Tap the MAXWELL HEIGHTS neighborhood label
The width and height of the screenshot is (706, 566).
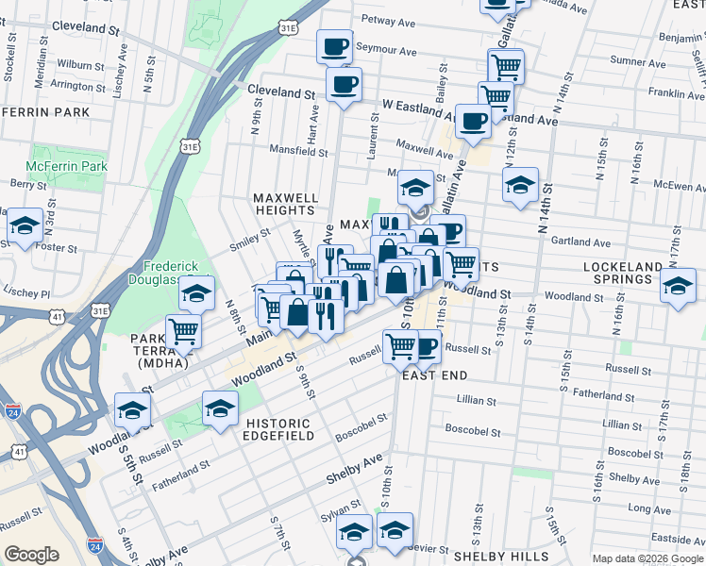pyautogui.click(x=284, y=204)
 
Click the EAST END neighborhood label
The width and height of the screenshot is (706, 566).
pyautogui.click(x=434, y=375)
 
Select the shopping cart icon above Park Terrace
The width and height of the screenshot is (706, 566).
pyautogui.click(x=182, y=331)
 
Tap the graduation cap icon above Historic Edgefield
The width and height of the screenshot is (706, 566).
pyautogui.click(x=219, y=408)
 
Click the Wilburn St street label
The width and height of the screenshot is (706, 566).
pyautogui.click(x=80, y=66)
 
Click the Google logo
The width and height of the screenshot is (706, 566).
pyautogui.click(x=31, y=555)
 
